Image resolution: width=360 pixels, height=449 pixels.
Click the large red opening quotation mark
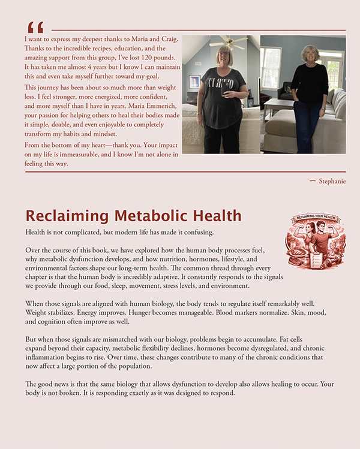point(35,28)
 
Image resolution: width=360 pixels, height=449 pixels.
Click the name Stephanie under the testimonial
point(332,181)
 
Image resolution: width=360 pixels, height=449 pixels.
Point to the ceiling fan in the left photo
point(228,41)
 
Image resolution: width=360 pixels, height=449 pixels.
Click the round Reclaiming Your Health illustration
point(311,240)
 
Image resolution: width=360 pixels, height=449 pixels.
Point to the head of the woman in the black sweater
point(310,53)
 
